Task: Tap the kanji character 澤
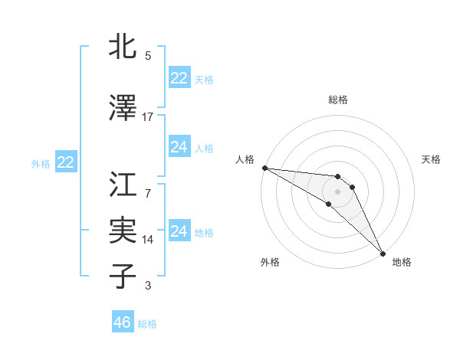pos(123,108)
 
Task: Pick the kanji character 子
pos(123,277)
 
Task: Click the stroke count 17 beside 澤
pos(148,116)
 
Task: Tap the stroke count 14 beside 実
pos(148,239)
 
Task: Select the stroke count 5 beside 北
pos(148,55)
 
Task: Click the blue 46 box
pos(123,322)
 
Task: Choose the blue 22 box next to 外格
pos(65,162)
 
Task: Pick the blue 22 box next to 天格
pos(179,78)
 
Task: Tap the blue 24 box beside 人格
pos(179,147)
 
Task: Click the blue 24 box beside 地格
pos(179,231)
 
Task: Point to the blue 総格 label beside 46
pos(147,324)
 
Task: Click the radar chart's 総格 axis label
pos(338,100)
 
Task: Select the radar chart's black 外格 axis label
pos(270,262)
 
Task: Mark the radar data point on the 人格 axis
pos(264,168)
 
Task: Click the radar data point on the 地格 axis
pos(383,253)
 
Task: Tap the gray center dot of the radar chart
pos(338,191)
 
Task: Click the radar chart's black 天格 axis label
pos(431,159)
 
